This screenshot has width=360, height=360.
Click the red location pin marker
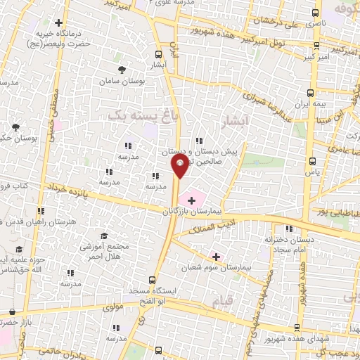179,167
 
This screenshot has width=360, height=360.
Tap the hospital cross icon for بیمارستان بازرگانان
192,200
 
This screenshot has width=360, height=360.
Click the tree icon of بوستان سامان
122,69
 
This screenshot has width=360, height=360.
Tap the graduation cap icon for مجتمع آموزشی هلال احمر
104,236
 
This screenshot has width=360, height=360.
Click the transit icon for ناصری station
314,13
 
